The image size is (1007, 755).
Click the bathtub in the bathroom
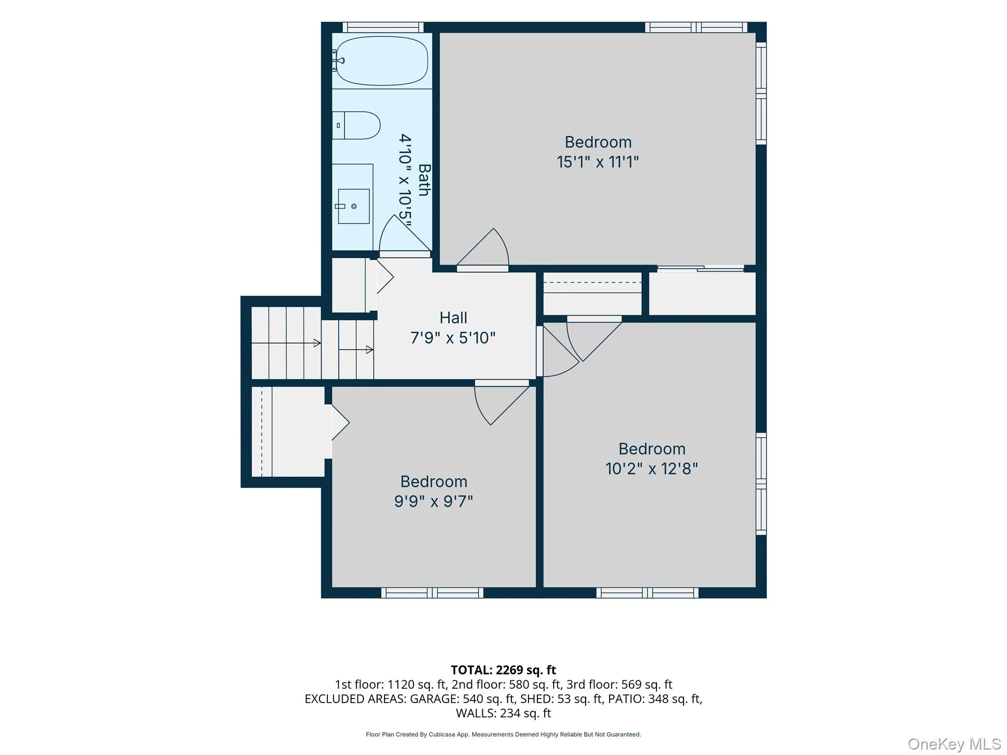pyautogui.click(x=382, y=61)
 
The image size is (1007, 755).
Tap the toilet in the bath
pyautogui.click(x=356, y=125)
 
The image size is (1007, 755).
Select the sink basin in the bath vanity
pyautogui.click(x=354, y=206)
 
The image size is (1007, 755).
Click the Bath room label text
pyautogui.click(x=424, y=180)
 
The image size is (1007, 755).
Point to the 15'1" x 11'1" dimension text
pyautogui.click(x=598, y=162)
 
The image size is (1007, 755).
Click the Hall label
pyautogui.click(x=453, y=318)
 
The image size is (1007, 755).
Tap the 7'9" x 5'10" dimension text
pyautogui.click(x=453, y=338)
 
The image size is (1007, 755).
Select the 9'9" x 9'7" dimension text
pyautogui.click(x=434, y=501)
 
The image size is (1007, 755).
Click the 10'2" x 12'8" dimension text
pyautogui.click(x=652, y=469)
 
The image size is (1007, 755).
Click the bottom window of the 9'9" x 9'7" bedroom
pyautogui.click(x=432, y=593)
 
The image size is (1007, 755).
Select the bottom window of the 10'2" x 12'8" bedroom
pyautogui.click(x=648, y=593)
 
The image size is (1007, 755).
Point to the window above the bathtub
pyautogui.click(x=383, y=27)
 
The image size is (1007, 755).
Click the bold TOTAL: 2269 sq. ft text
pyautogui.click(x=503, y=670)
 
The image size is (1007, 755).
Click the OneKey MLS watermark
pyautogui.click(x=954, y=744)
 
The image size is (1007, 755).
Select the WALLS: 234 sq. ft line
pyautogui.click(x=503, y=713)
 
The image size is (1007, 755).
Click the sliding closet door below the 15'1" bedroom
pyautogui.click(x=701, y=268)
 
